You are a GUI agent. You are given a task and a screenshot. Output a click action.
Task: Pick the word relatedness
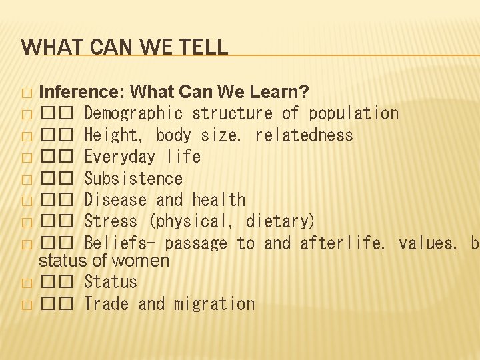click(x=304, y=135)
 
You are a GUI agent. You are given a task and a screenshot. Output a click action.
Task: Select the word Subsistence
click(x=133, y=179)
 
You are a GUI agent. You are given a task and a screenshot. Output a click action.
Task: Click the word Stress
click(x=111, y=221)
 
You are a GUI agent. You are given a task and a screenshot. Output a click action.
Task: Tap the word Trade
click(x=106, y=304)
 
